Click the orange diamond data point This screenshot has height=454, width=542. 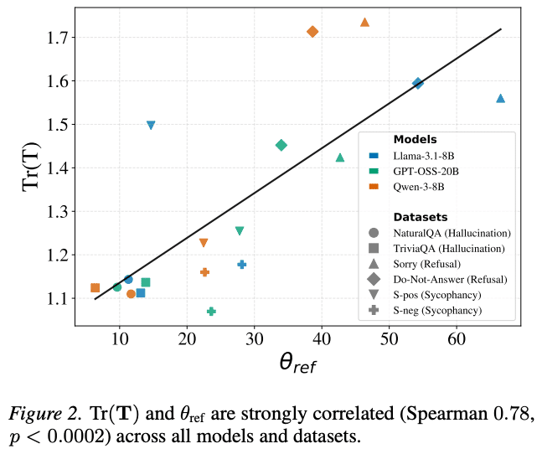[312, 32]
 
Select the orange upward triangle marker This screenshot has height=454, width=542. [364, 23]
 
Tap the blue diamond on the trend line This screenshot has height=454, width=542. [418, 83]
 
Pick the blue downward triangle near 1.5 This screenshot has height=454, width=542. [151, 126]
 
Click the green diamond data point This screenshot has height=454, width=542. [281, 145]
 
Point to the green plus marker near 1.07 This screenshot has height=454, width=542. [211, 312]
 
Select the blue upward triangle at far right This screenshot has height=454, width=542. [500, 99]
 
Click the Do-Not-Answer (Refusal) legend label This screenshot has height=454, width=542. [450, 279]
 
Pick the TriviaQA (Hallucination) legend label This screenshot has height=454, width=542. [450, 248]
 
